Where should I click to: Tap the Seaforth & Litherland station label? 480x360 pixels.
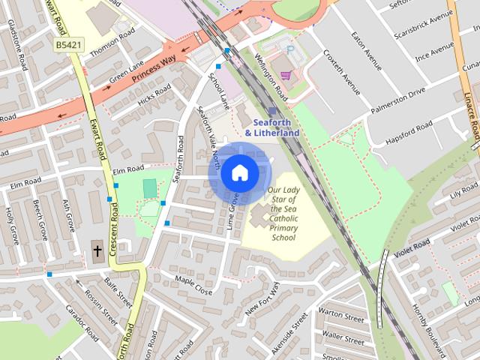pos(267,127)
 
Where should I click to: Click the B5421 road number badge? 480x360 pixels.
pos(68,46)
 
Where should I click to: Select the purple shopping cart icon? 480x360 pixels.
pos(286,75)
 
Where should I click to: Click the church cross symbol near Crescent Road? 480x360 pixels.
pos(97,250)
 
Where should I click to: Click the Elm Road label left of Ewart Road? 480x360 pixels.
pos(21,182)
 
